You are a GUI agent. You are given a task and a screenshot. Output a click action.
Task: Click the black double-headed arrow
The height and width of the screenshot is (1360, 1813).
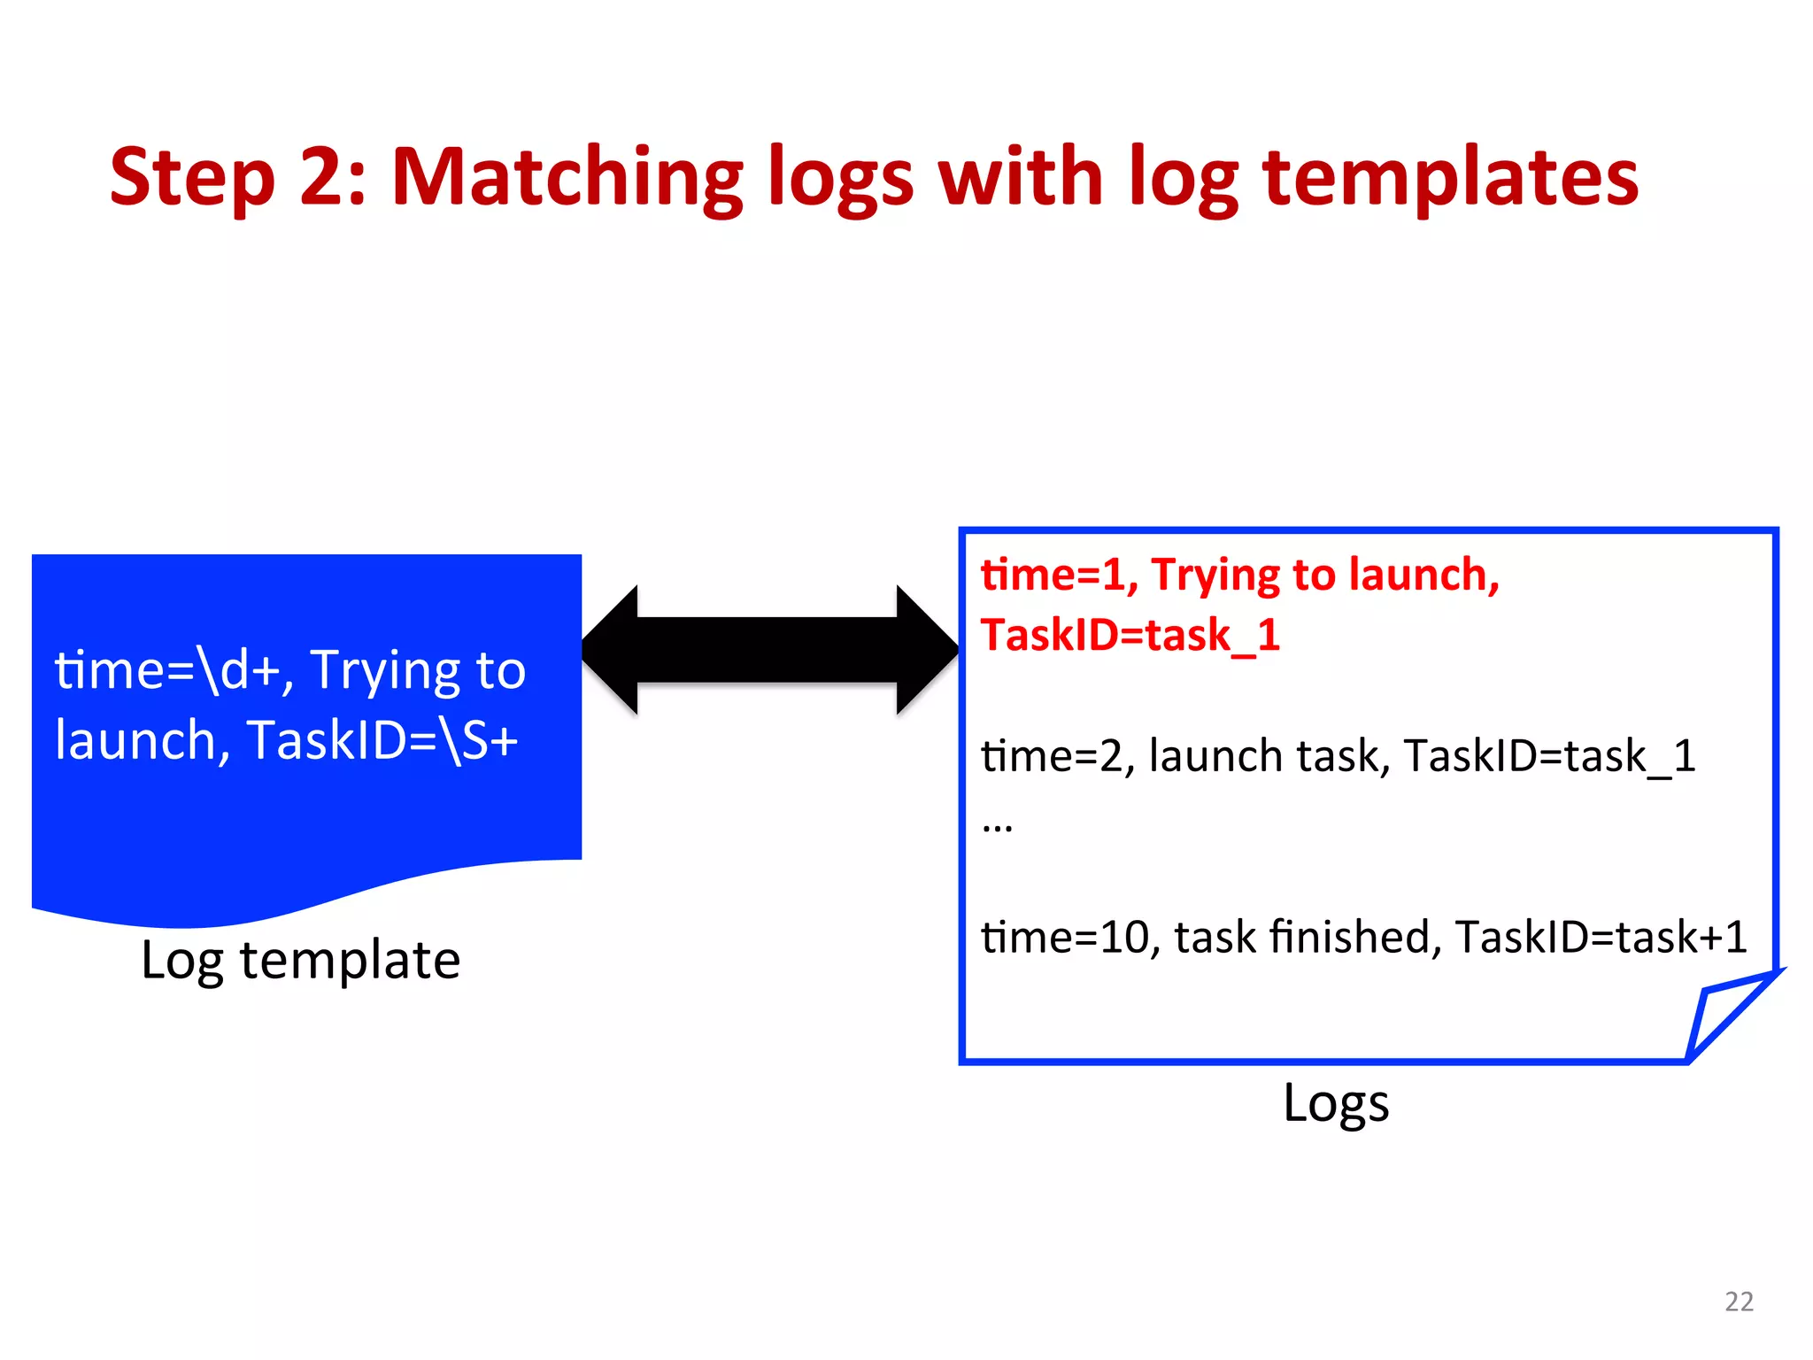pos(768,650)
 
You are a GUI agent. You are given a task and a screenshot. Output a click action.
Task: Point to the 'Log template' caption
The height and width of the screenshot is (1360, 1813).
pos(300,960)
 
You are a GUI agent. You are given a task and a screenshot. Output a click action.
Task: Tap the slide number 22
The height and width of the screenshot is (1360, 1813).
pos(1739,1301)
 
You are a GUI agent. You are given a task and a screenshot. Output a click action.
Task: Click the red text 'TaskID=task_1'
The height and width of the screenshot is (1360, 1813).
pos(1130,635)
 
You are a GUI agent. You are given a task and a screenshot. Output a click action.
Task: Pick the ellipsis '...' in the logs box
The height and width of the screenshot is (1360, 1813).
pos(997,827)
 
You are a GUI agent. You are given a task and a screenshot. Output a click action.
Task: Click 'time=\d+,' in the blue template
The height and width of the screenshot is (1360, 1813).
pos(174,669)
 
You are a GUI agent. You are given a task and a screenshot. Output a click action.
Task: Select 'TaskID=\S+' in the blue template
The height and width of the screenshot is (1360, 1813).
pos(382,740)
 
